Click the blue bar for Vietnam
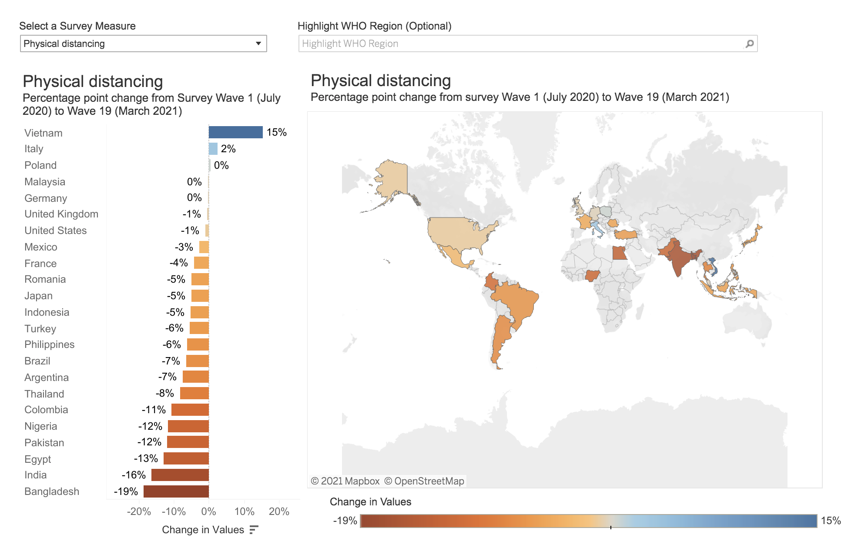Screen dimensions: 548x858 235,132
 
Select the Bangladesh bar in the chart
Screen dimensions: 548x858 176,491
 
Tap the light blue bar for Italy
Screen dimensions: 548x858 213,149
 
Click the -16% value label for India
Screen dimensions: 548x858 133,475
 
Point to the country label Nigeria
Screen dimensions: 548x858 41,426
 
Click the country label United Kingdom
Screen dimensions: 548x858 61,214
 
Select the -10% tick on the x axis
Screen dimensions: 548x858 174,511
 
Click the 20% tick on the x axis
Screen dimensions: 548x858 279,511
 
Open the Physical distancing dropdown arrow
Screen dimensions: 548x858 258,43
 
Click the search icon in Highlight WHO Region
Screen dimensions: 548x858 750,43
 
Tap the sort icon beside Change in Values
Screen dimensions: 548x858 254,530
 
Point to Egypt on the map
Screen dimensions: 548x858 620,253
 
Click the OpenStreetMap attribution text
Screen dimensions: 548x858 424,481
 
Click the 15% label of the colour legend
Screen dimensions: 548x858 831,521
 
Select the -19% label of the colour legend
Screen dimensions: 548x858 345,521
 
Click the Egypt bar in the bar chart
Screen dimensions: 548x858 186,458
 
